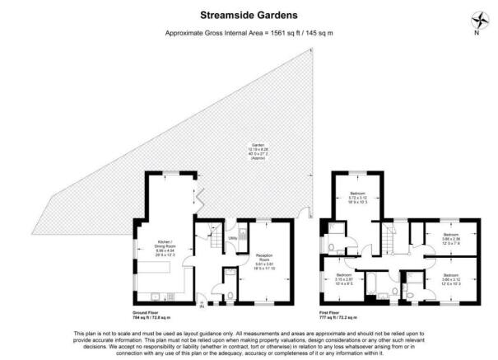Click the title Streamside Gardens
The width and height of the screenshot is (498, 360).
(x=249, y=14)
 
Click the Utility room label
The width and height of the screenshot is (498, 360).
(x=233, y=238)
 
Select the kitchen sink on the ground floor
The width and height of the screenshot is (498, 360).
(x=153, y=295)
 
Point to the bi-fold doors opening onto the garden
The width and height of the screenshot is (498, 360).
(x=200, y=198)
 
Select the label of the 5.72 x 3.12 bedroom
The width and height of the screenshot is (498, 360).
(x=356, y=199)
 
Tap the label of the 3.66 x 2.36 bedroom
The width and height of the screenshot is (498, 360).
(x=449, y=240)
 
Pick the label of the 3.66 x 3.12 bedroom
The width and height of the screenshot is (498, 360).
(x=450, y=278)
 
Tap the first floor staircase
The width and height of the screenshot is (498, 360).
(x=385, y=240)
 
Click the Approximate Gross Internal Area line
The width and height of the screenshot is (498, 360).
(x=249, y=33)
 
